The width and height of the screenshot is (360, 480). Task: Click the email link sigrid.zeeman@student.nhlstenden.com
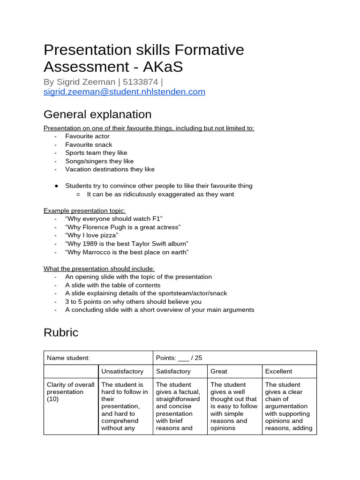point(124,92)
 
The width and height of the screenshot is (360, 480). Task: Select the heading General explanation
point(97,114)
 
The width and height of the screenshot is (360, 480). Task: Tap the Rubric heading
point(61,332)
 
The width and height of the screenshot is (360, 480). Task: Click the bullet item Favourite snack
point(89,145)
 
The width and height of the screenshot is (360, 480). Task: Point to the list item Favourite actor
point(87,136)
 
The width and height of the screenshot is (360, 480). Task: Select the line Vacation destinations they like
point(110,169)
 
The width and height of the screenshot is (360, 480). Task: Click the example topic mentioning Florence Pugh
point(123,227)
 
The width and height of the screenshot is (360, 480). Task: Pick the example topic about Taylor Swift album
point(127,244)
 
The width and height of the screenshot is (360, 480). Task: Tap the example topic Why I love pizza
point(91,235)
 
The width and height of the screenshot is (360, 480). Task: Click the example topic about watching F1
point(114,219)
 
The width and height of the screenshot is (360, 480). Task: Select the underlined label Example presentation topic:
point(84,210)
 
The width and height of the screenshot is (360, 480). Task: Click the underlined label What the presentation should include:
point(99,269)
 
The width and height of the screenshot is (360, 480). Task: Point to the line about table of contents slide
point(112,285)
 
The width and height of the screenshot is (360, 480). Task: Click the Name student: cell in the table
point(68,358)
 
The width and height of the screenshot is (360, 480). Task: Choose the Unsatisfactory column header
point(122,371)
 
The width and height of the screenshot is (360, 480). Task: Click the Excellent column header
point(278,371)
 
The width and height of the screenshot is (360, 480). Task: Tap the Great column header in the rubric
point(219,371)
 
